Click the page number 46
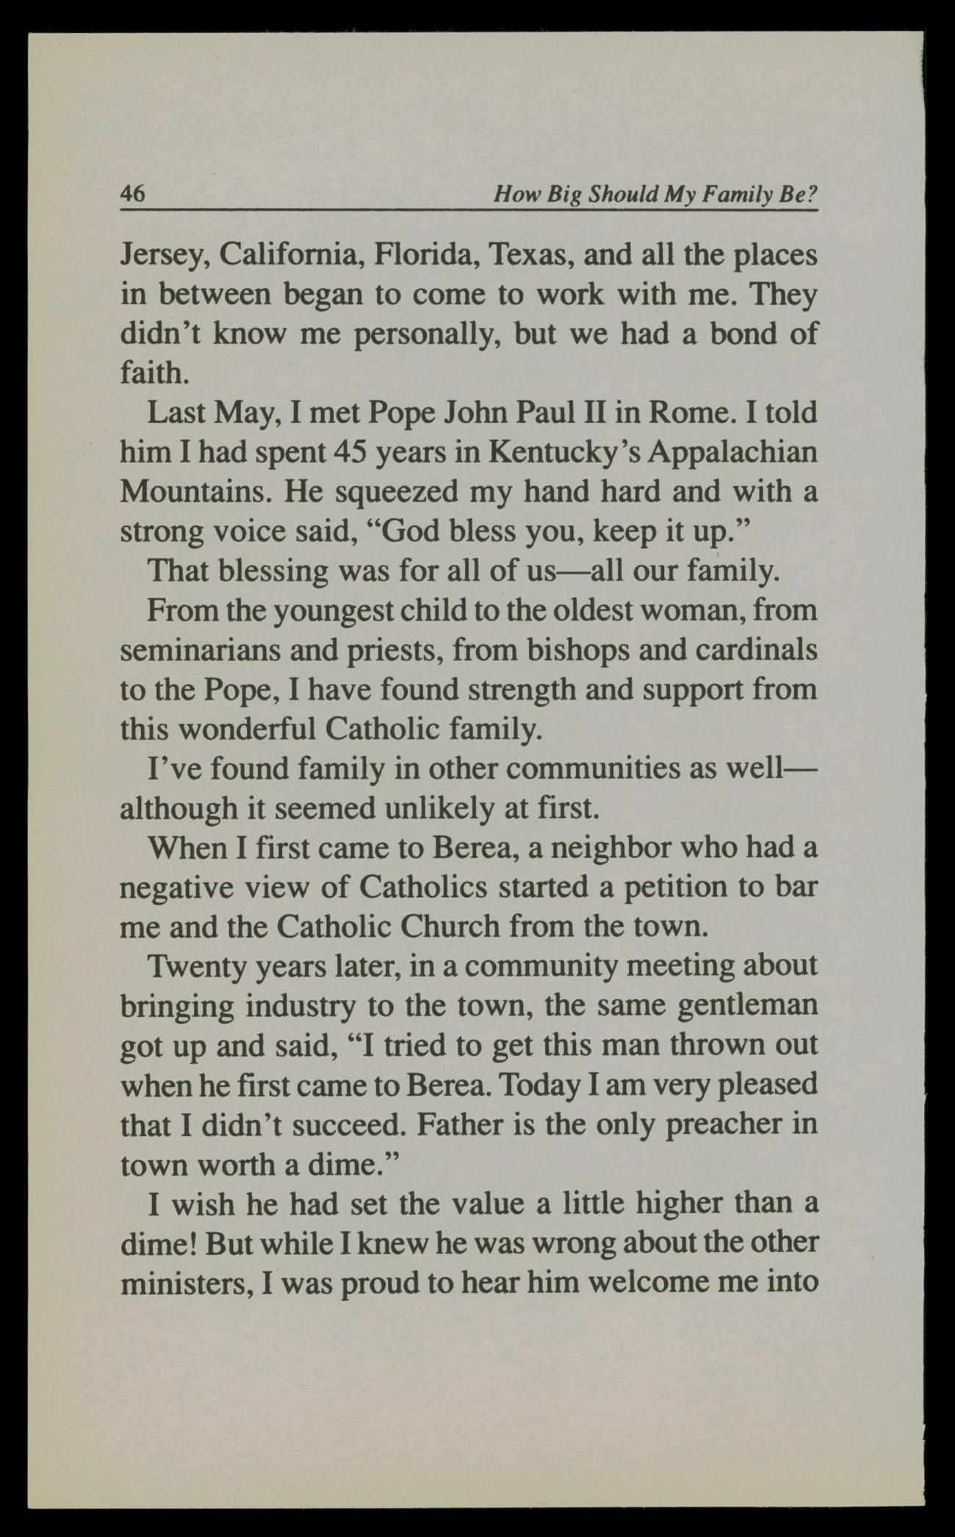133,194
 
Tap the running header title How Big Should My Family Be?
655,195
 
